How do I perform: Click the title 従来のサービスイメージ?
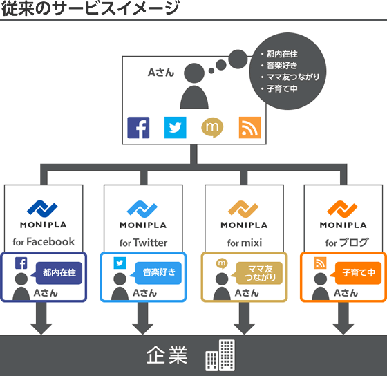tap(91, 9)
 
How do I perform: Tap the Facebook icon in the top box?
tap(139, 128)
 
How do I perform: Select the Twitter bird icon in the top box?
tap(176, 128)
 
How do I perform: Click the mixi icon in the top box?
tap(212, 128)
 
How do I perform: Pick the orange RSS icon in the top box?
tap(249, 128)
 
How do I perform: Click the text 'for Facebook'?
tap(44, 242)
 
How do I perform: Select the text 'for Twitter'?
tap(143, 243)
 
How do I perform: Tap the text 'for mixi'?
tap(244, 243)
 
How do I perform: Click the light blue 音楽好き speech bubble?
tap(158, 272)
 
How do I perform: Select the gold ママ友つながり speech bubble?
tap(260, 273)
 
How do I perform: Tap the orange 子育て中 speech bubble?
tap(359, 272)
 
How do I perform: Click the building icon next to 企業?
tap(220, 355)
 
